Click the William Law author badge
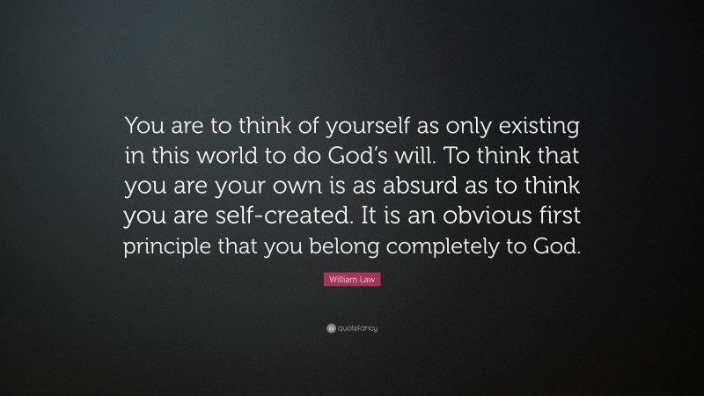(x=352, y=279)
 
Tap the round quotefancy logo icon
(x=330, y=328)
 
